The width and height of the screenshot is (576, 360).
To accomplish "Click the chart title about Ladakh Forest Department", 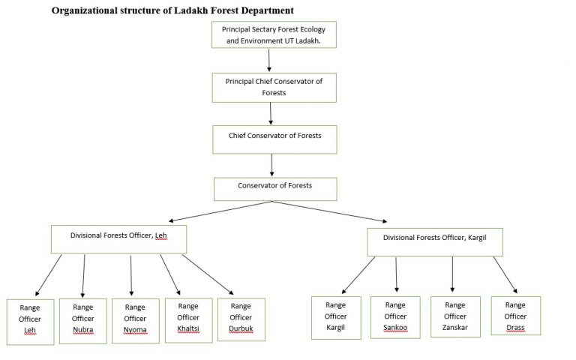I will (172, 10).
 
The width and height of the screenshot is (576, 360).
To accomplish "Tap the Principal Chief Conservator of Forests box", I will (274, 87).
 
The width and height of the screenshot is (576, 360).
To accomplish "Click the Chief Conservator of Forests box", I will (274, 139).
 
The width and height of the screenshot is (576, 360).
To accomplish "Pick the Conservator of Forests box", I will (274, 188).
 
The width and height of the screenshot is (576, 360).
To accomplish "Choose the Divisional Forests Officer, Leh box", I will (118, 238).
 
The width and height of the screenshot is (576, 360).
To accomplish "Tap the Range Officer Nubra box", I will (83, 320).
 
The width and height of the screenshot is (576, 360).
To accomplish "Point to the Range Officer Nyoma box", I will (136, 320).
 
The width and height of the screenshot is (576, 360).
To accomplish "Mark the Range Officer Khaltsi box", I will (188, 319).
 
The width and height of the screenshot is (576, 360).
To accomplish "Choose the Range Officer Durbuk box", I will (241, 319).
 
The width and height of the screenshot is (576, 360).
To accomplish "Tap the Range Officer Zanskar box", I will (455, 317).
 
